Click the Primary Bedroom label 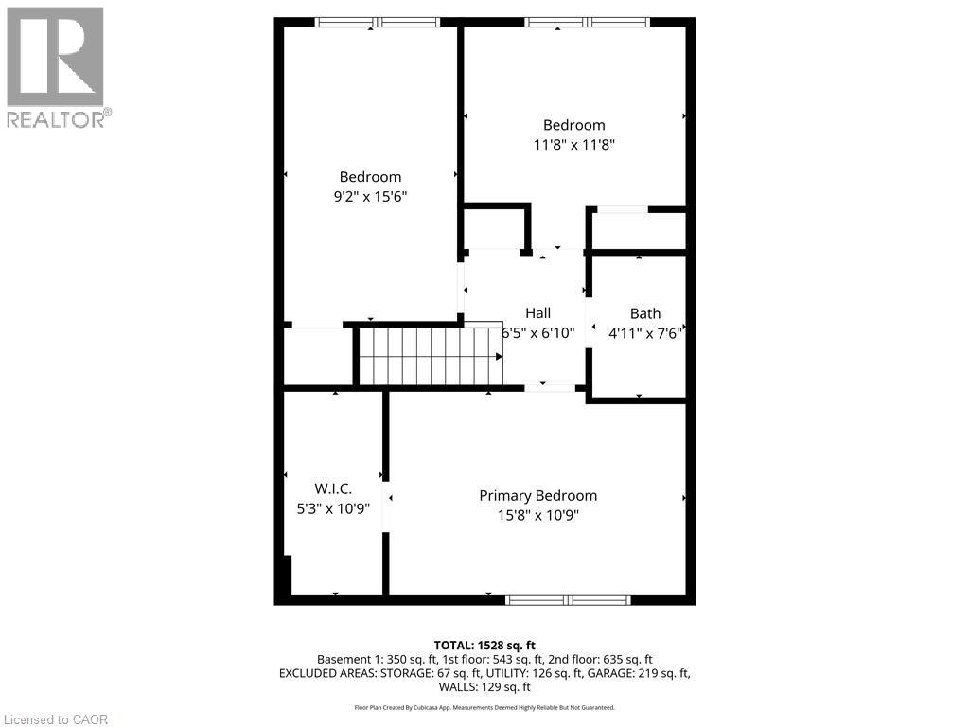point(537,495)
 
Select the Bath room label point(645,313)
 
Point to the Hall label point(537,313)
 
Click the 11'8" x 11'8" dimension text point(573,145)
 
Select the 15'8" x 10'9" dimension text point(537,516)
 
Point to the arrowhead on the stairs point(499,357)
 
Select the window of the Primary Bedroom point(568,599)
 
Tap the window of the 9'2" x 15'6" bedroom point(378,22)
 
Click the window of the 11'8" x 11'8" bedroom point(587,22)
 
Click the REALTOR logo point(56,66)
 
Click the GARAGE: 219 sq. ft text point(633,673)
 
